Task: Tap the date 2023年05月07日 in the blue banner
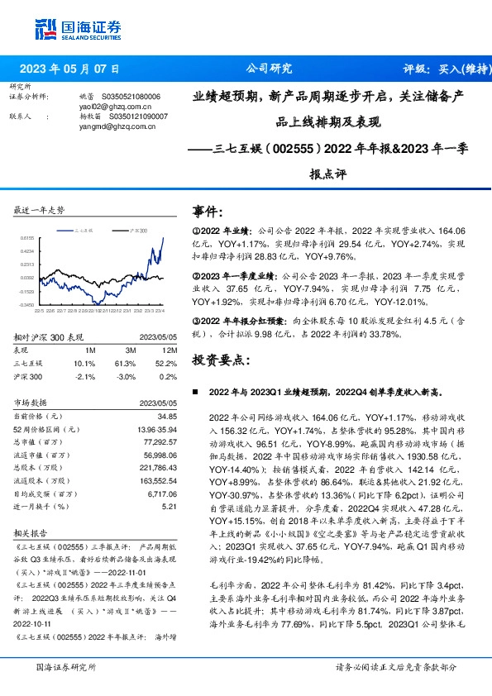69,69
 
